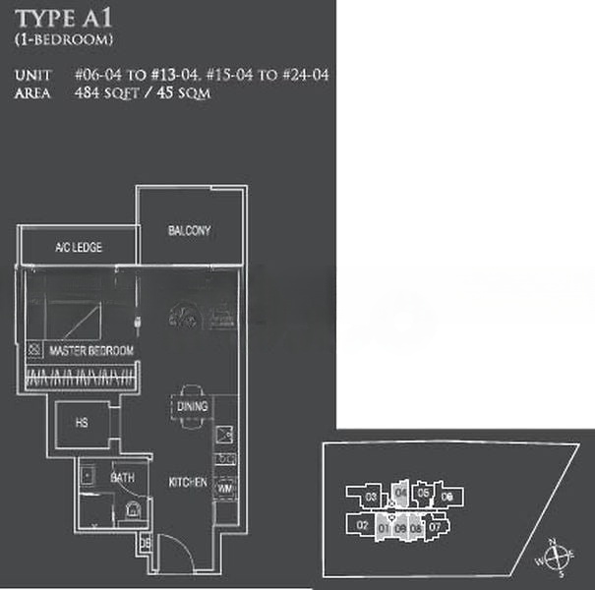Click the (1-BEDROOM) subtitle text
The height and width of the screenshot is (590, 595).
tap(65, 40)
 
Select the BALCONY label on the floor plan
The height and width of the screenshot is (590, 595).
tap(189, 231)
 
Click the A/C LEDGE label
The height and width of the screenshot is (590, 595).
tap(79, 248)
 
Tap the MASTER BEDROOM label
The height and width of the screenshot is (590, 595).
tap(90, 350)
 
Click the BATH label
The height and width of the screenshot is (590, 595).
tap(123, 477)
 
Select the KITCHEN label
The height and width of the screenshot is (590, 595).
tap(187, 483)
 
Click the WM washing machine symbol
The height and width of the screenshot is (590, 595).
tap(225, 486)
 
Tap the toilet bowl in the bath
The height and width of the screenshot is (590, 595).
tap(131, 508)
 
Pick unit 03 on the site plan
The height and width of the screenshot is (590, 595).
tap(371, 498)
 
